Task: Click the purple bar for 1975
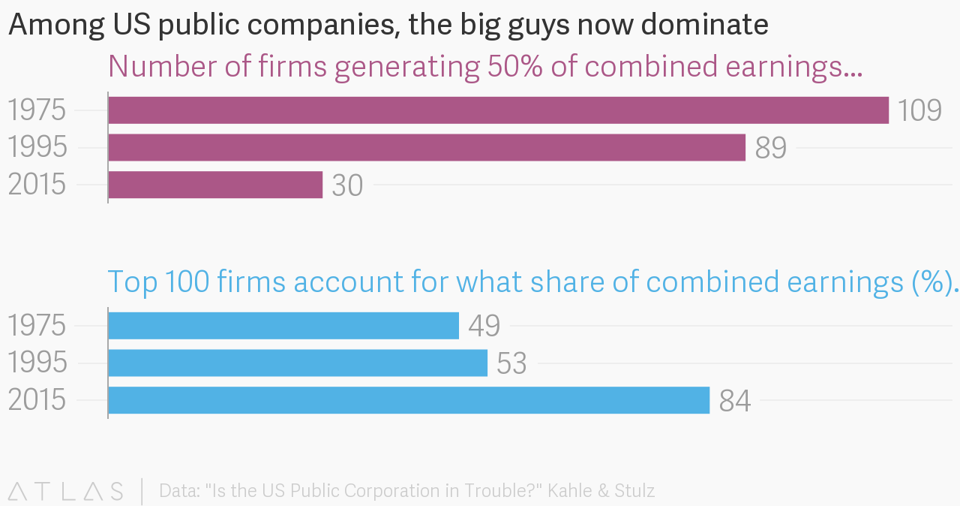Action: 498,110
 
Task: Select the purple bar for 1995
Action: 427,148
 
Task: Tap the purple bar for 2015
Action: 215,185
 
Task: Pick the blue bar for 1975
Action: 283,326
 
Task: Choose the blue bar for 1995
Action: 298,363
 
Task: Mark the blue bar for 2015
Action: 409,400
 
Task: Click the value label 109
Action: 919,111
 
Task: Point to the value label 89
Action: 770,149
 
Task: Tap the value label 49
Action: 484,327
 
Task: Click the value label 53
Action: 511,364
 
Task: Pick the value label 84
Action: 734,402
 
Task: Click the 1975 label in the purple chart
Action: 37,111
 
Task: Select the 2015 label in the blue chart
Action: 37,401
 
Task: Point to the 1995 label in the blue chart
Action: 37,363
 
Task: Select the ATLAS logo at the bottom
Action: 65,492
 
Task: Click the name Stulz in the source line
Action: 631,492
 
